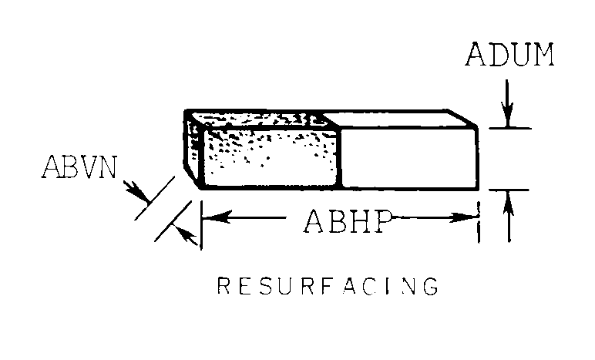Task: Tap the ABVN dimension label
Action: [x=80, y=167]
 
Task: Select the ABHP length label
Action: [x=343, y=220]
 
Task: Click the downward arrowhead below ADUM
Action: [x=507, y=116]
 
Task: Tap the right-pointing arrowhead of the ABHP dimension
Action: [x=471, y=218]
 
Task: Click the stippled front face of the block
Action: [x=270, y=160]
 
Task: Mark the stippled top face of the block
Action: [x=258, y=119]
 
